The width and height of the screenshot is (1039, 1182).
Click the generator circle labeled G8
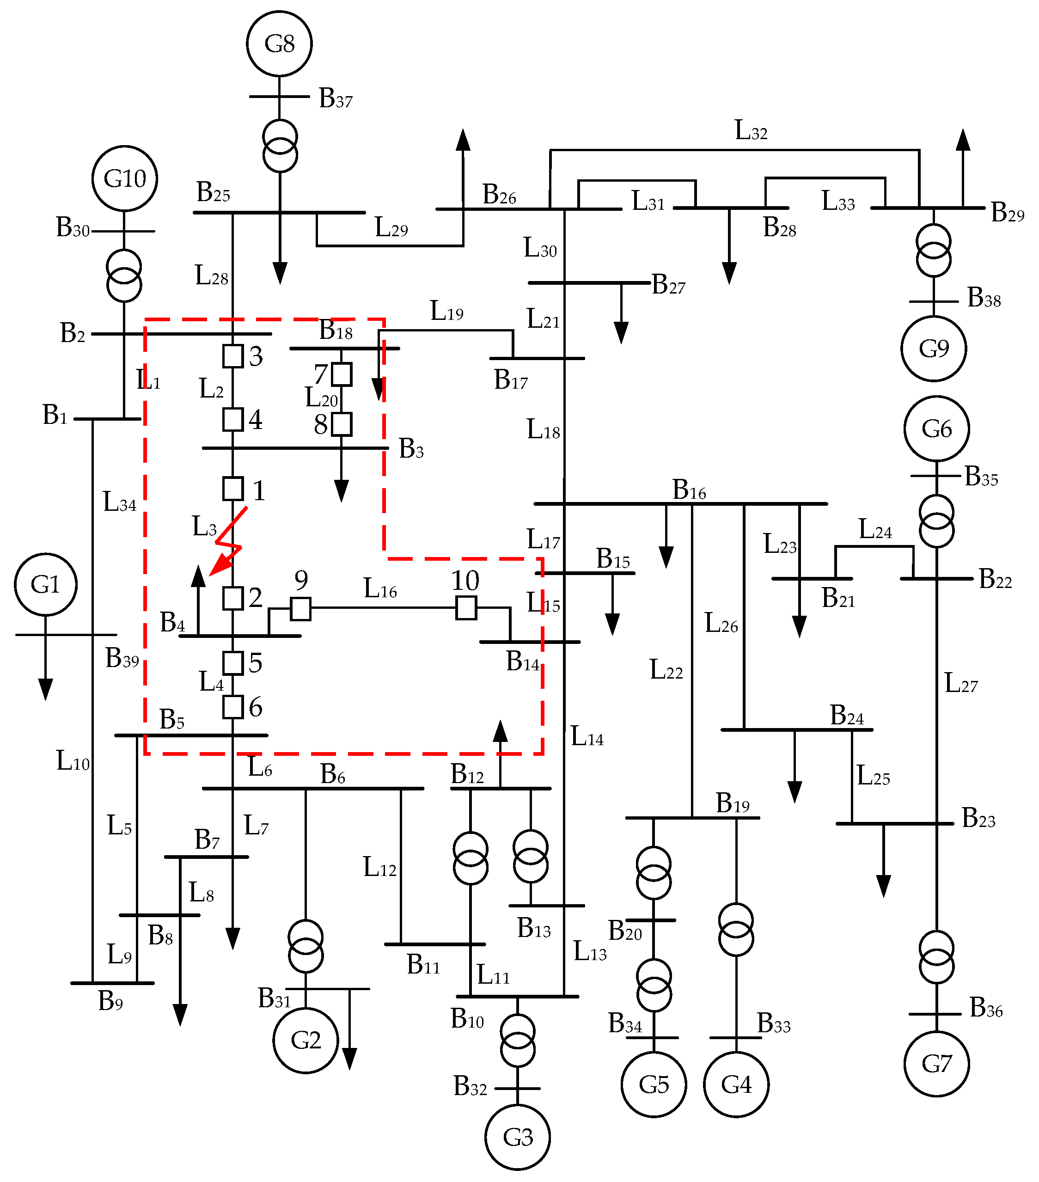279,43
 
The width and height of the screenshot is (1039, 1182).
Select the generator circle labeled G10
124,178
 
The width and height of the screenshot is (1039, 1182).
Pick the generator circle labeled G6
936,429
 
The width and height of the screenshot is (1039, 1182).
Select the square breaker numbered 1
233,489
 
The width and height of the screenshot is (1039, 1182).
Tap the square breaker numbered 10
466,608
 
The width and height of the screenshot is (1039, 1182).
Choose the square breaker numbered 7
341,374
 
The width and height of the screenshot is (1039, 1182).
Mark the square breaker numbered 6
233,707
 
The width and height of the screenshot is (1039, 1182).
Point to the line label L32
751,131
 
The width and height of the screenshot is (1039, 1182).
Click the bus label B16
689,490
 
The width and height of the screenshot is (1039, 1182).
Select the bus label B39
122,658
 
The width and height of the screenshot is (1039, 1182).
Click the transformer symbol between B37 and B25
280,146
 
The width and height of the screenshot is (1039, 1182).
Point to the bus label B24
846,715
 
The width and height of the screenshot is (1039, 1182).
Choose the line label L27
960,684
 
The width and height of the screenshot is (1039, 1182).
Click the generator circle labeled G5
654,1085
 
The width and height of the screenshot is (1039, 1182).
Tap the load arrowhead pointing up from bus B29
963,140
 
